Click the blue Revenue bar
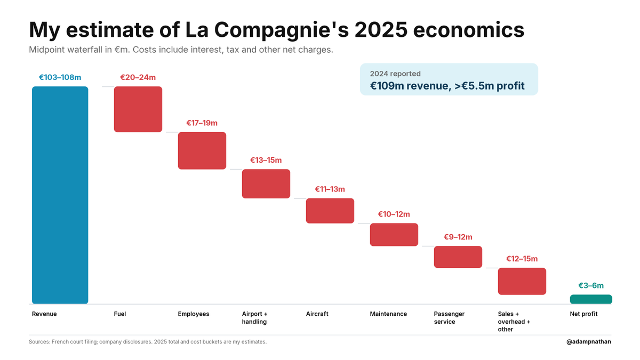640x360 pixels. pos(60,195)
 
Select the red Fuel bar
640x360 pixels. pos(138,109)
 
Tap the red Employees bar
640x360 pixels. pos(202,150)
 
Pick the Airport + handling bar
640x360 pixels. pos(266,183)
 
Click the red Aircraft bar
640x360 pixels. pos(330,211)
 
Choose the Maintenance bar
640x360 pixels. pos(394,235)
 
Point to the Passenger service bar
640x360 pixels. pos(458,257)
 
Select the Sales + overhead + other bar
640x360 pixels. pos(522,281)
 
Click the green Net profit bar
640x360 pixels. pos(591,299)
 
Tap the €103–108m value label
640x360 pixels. pos(60,77)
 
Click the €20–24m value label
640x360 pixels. pos(138,77)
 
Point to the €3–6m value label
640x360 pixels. pos(591,285)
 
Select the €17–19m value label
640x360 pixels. pos(202,123)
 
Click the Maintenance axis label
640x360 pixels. pos(388,314)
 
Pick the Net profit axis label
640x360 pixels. pos(583,314)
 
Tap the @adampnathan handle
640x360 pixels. pos(589,342)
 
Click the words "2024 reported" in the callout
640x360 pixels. pos(395,74)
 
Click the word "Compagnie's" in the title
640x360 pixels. pos(282,30)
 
